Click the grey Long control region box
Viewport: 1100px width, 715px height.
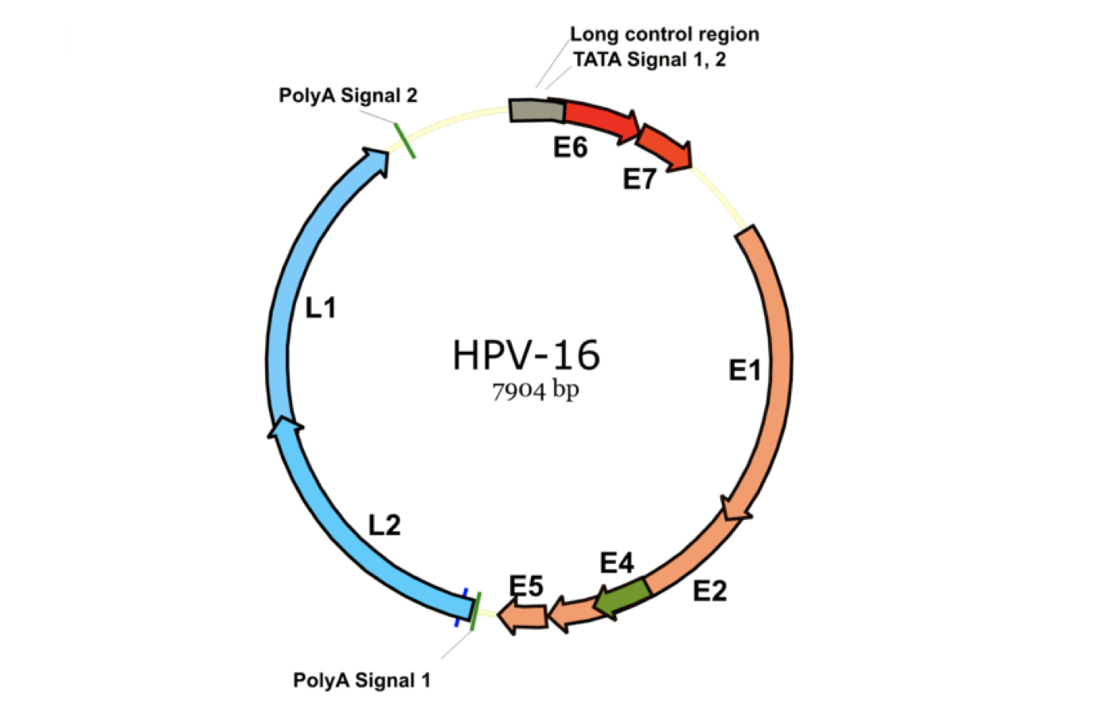point(536,111)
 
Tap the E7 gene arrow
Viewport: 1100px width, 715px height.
point(664,145)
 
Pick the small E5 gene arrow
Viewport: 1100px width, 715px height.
point(523,616)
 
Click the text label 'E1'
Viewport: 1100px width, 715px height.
point(745,370)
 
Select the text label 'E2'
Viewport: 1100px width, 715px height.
point(709,591)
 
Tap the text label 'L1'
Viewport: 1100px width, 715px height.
point(321,308)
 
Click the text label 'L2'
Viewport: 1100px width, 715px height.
point(384,526)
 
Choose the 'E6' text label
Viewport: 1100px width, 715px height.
point(570,147)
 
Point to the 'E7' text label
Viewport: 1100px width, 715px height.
point(638,180)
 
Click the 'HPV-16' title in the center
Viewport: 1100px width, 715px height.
point(526,355)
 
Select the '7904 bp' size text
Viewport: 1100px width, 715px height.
point(535,391)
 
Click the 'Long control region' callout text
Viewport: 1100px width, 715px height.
point(664,34)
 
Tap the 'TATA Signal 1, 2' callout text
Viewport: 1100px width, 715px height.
point(649,60)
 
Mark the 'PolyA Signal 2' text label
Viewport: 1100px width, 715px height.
point(348,96)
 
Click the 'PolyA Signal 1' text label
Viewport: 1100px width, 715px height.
point(361,681)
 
